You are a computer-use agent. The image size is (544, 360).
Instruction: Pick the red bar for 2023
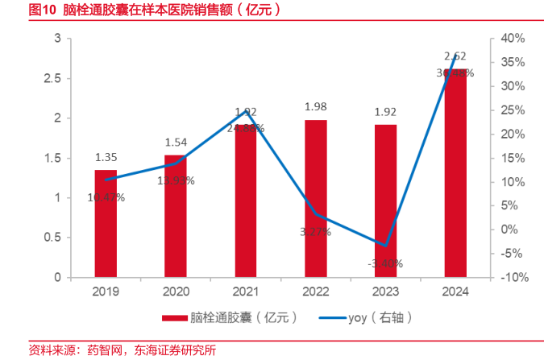pos(385,201)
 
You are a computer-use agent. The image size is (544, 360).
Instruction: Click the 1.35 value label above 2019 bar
pos(106,158)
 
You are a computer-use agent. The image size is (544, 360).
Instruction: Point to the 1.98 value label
pos(315,107)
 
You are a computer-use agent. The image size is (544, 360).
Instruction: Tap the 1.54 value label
pos(176,143)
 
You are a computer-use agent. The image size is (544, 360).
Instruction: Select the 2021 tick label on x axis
pos(246,292)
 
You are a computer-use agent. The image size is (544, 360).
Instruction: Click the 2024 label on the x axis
pos(455,292)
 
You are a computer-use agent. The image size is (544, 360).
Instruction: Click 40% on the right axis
pos(513,39)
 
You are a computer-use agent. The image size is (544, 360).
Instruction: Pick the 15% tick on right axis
pos(513,158)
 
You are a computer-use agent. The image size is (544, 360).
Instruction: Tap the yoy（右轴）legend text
pos(380,317)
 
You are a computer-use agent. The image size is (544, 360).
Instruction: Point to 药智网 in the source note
pos(102,350)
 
